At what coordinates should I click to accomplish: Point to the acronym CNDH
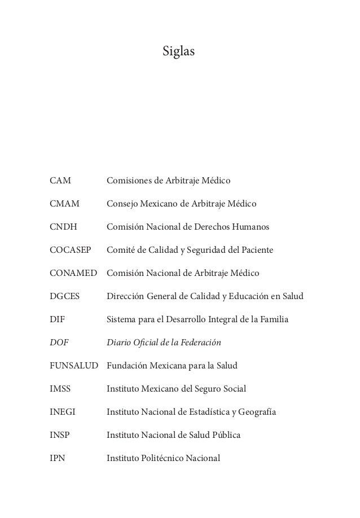[63, 227]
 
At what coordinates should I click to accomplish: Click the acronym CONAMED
[73, 273]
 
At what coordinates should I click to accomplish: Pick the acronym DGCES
[64, 296]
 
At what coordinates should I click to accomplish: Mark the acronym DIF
[57, 319]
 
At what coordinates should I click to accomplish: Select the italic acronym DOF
[58, 343]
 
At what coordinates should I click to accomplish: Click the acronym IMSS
[61, 389]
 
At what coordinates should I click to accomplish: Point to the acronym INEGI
[62, 412]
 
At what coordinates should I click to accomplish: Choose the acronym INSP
[60, 435]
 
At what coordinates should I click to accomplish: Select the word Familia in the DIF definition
[273, 319]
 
